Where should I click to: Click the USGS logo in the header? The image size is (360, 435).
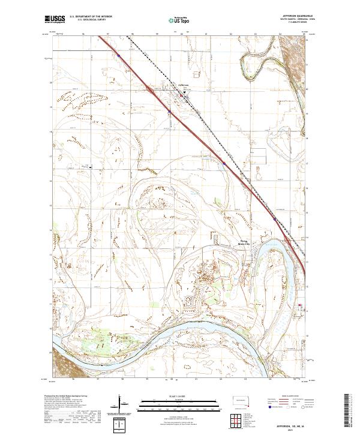tap(55, 20)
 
